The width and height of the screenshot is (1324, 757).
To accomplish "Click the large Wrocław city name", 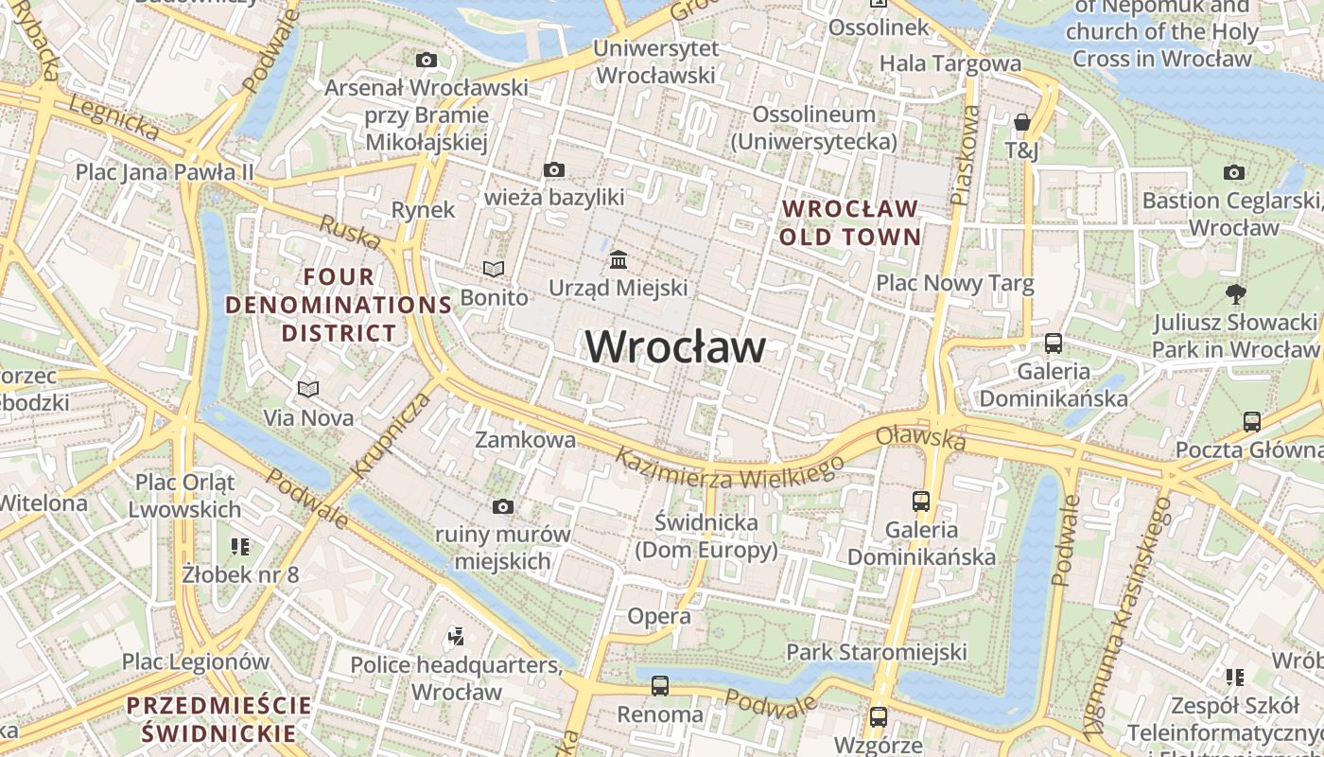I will click(x=675, y=347).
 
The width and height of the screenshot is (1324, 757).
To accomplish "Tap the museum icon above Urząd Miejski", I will click(x=618, y=258).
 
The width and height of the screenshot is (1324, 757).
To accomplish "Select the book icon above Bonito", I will click(x=494, y=269).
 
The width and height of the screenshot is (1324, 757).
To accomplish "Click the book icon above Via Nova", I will click(x=308, y=389).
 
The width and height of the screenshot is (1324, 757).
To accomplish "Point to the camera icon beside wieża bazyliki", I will click(x=554, y=170).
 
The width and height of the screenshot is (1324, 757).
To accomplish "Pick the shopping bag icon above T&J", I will click(x=1021, y=122).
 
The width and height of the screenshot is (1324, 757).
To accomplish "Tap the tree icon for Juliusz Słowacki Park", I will click(x=1234, y=293).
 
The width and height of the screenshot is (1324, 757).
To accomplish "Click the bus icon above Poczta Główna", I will click(x=1252, y=421).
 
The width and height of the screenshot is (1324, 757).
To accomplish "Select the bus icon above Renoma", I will click(x=660, y=685).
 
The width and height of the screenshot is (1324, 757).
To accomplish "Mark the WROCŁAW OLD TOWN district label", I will click(x=849, y=222).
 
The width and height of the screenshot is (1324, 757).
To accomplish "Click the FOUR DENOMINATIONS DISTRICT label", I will click(x=339, y=305).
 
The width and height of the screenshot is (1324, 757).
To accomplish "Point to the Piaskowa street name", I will click(x=966, y=155).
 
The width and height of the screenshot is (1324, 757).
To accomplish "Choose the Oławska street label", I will click(x=920, y=437).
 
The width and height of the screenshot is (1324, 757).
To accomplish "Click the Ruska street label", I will click(x=350, y=234).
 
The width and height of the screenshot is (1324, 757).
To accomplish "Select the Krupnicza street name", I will click(x=391, y=434).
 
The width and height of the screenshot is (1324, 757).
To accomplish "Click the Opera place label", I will click(x=659, y=617).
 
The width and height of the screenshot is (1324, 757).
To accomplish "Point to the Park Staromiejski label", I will click(x=877, y=652).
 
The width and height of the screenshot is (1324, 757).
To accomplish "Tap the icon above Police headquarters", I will click(x=456, y=637).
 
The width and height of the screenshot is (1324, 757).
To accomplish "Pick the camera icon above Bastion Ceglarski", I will click(x=1234, y=172).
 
